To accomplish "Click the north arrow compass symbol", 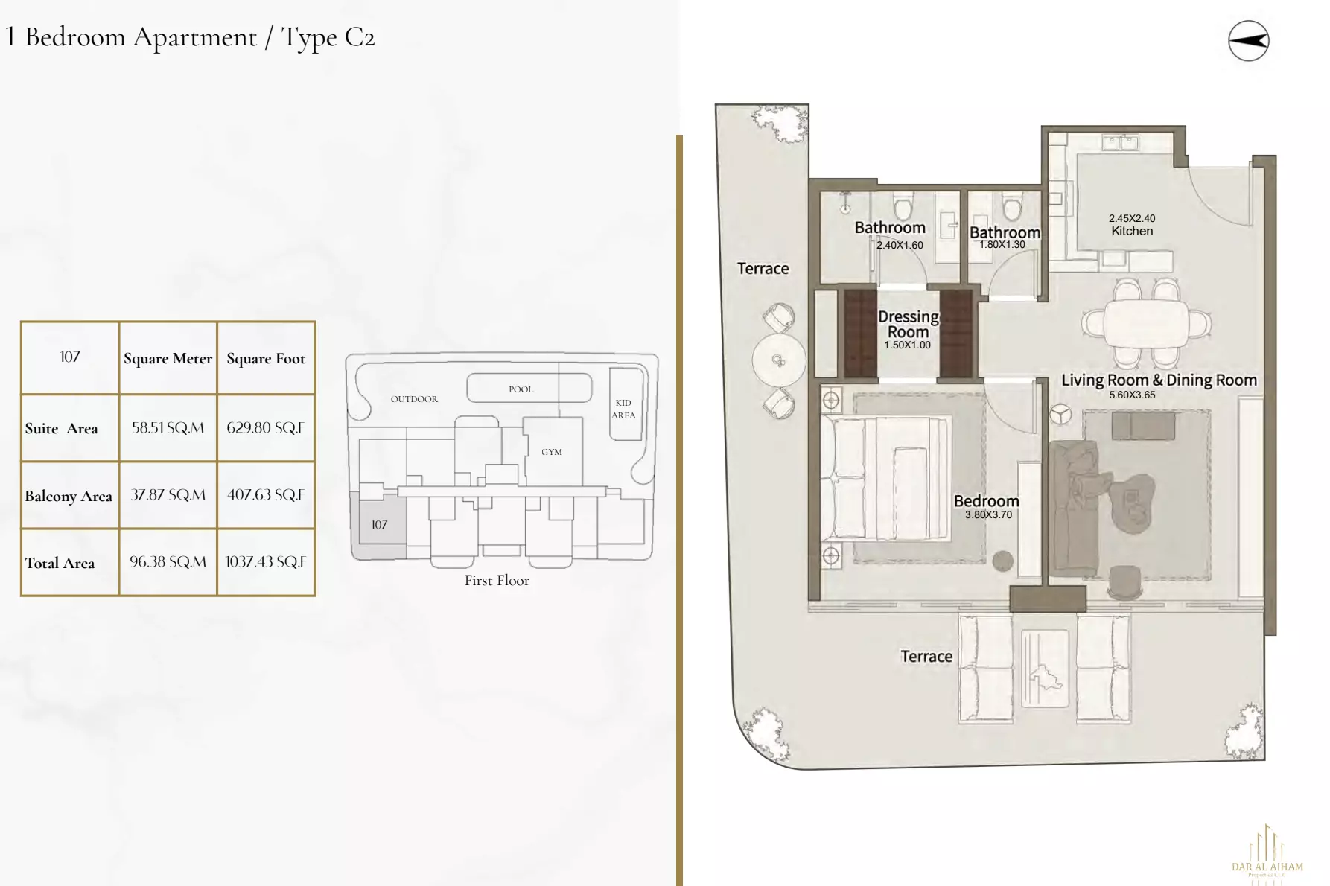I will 1248,41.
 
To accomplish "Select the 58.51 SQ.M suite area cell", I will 168,427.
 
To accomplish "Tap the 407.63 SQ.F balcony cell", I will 266,494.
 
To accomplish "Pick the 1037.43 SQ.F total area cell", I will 266,561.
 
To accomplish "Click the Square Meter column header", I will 168,358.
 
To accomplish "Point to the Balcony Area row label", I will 69,496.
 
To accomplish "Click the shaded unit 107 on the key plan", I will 380,525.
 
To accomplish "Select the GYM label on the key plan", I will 552,452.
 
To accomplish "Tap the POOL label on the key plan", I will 521,389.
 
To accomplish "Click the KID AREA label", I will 623,409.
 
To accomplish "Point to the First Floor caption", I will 497,581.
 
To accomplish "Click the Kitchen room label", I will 1132,231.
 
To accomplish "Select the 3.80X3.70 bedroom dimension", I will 988,514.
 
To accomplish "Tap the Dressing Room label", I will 908,324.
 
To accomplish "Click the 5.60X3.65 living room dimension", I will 1132,395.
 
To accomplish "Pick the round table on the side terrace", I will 778,360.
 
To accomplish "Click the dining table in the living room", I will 1146,324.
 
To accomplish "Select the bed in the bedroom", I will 886,477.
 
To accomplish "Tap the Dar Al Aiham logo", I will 1267,852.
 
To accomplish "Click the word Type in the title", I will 308,37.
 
